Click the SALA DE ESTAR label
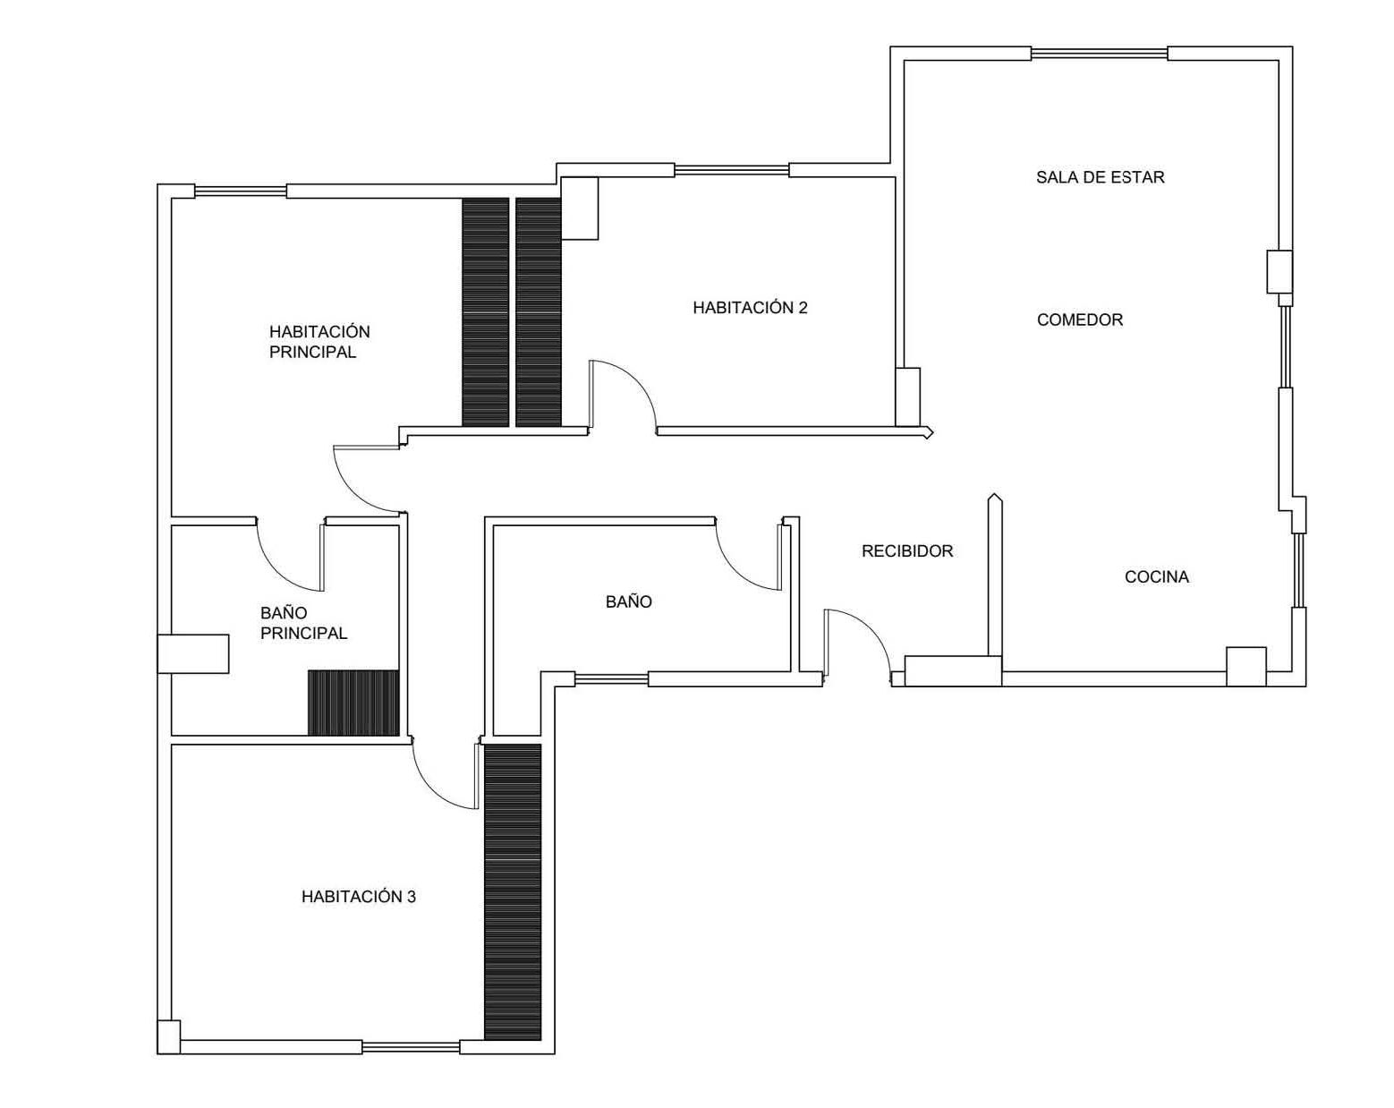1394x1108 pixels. coord(1100,177)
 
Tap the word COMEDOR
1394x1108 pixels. coord(1080,320)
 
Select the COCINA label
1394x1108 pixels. coord(1156,576)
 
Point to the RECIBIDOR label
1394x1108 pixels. coord(907,550)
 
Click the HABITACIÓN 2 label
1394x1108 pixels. coord(750,307)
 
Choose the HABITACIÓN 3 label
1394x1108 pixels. coord(358,896)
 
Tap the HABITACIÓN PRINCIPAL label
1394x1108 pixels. coord(319,342)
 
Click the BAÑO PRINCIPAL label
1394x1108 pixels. coord(303,623)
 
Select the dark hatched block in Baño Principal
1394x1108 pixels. coord(353,703)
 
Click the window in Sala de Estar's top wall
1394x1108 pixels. coord(1099,53)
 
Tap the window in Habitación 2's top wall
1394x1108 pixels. coord(731,170)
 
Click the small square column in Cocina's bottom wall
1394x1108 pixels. coord(1245,666)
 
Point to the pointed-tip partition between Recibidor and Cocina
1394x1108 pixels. coord(994,575)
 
